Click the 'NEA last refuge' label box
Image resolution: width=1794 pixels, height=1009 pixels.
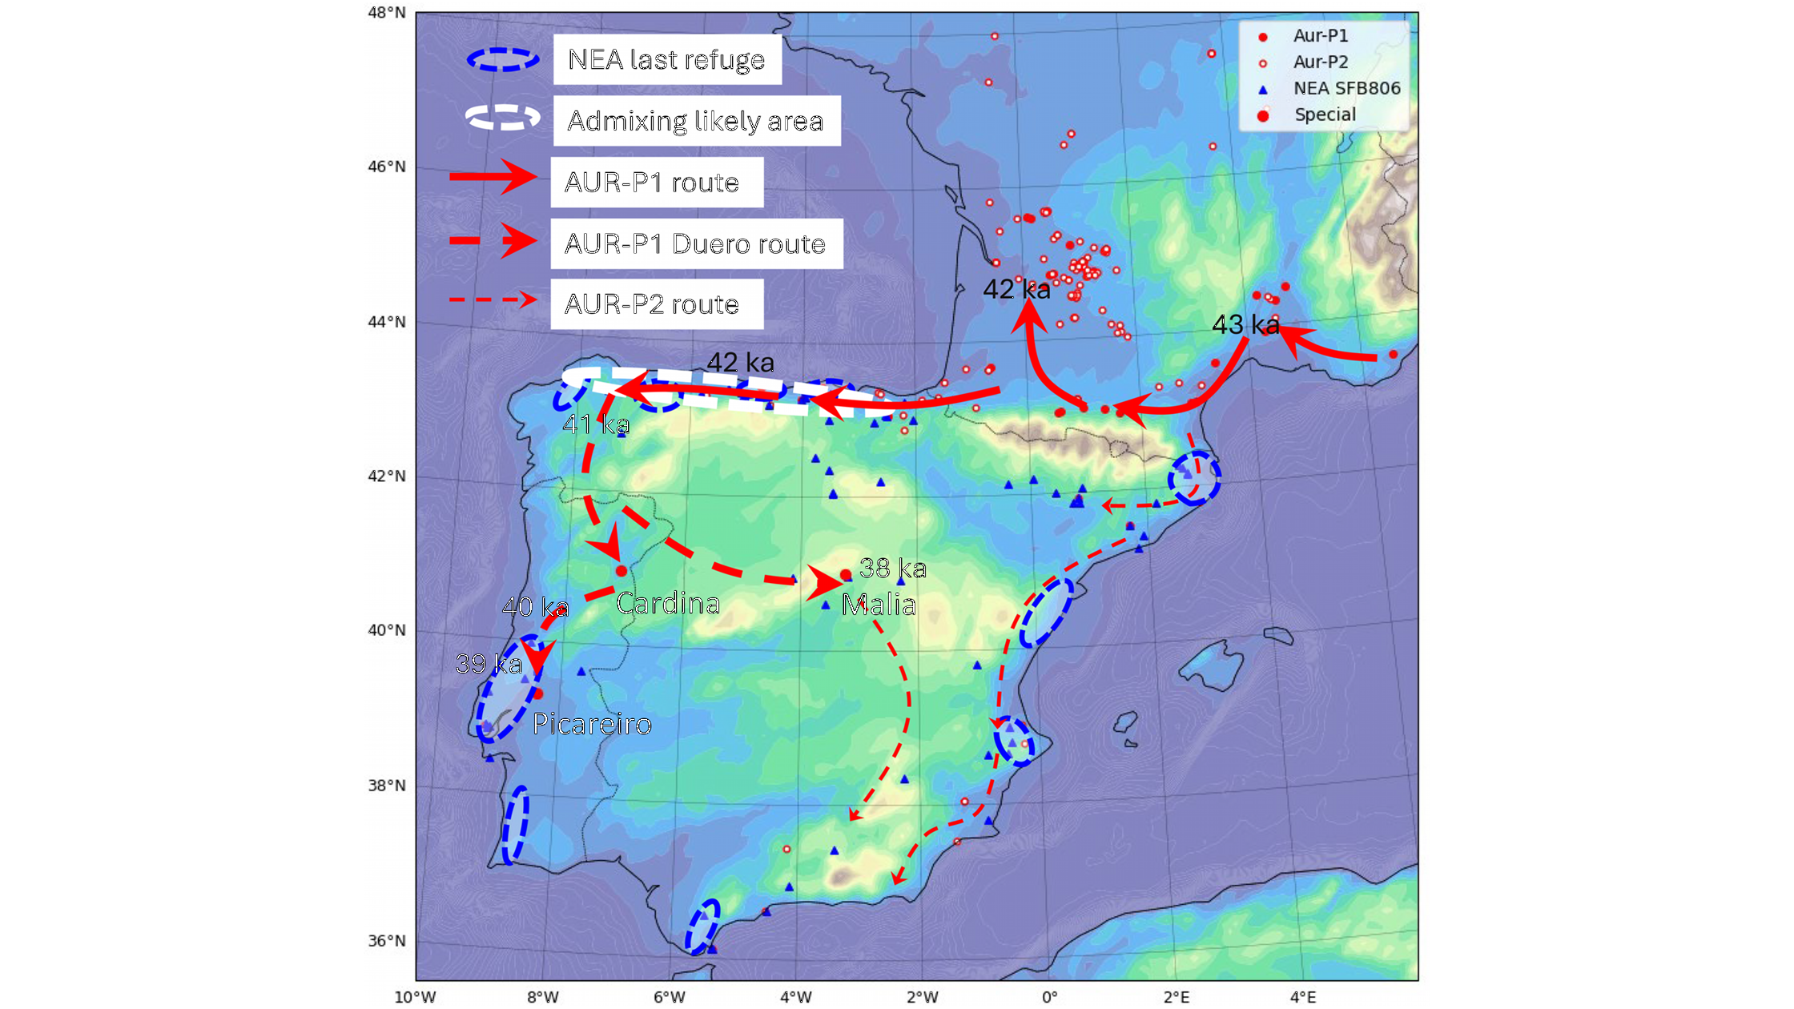tap(666, 59)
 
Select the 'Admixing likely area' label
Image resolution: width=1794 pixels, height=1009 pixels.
tap(695, 121)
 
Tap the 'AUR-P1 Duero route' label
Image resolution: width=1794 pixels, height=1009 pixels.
tap(695, 243)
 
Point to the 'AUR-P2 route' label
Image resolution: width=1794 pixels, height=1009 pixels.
tap(652, 304)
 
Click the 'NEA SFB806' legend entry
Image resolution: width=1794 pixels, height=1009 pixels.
tap(1346, 88)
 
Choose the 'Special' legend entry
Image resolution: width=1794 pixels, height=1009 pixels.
tap(1325, 115)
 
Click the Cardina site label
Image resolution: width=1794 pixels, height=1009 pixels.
tap(668, 603)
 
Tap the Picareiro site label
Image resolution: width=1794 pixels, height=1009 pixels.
tap(592, 724)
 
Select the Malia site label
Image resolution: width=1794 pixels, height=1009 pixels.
tap(879, 605)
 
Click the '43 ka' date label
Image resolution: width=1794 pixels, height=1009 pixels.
tap(1245, 324)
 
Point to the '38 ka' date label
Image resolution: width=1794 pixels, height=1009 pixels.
tap(893, 569)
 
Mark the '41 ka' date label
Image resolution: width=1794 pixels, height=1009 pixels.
tap(596, 424)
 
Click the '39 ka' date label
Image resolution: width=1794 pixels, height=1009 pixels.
tap(489, 664)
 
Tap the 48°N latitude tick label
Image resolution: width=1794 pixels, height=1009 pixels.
tap(387, 13)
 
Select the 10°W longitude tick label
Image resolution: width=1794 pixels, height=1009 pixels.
tap(415, 997)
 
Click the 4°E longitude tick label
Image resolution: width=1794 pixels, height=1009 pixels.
tap(1303, 997)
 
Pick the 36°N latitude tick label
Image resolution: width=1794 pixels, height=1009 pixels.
tap(387, 941)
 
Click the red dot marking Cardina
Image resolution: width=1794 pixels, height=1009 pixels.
tap(621, 571)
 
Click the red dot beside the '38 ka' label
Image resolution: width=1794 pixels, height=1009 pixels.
tap(846, 574)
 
